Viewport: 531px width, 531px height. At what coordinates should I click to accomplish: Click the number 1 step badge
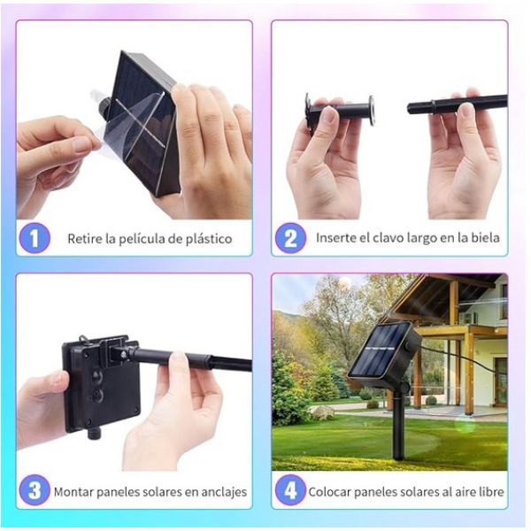35,238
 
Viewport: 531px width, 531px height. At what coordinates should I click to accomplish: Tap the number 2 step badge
290,238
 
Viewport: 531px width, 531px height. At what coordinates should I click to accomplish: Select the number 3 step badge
35,490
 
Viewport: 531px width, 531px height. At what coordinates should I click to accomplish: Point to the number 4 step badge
290,490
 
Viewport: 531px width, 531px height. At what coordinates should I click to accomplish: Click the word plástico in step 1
209,239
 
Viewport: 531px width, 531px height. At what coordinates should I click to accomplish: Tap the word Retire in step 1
85,239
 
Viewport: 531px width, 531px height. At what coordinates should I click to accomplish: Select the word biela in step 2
486,237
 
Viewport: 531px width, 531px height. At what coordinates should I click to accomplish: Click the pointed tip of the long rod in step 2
409,108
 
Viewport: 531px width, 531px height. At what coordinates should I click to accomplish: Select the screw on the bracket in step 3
124,354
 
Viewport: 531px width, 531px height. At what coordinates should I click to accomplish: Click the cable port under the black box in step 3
93,435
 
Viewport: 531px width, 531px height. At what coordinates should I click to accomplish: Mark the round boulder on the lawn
322,412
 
